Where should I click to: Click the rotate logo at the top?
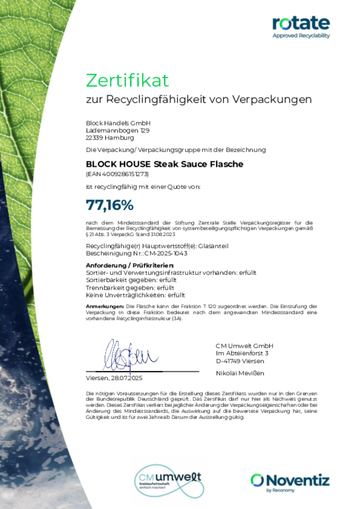[301, 23]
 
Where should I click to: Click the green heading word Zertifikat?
[127, 80]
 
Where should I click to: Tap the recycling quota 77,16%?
[110, 205]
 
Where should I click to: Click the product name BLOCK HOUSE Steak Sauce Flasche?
[165, 164]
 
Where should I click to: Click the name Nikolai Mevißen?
[240, 374]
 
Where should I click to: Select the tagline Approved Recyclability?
[301, 36]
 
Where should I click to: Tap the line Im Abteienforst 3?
[241, 353]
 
